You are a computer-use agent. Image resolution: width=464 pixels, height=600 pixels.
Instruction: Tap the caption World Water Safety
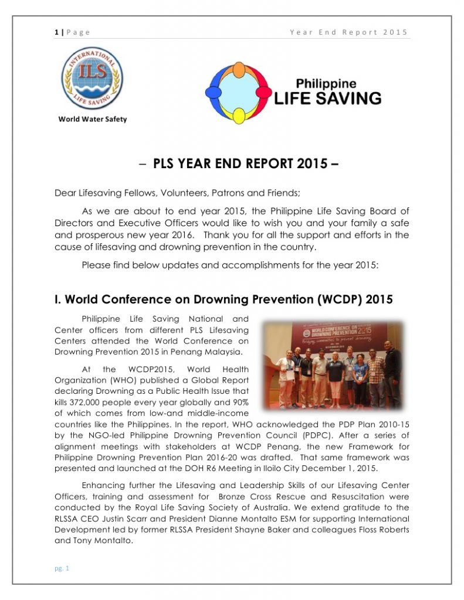pos(92,119)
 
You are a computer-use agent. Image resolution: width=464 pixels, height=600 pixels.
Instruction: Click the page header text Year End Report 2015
pos(348,32)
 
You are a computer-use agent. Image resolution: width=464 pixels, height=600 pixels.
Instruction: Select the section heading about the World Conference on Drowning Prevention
pos(223,299)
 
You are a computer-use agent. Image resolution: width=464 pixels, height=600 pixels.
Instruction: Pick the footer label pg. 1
pos(62,568)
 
